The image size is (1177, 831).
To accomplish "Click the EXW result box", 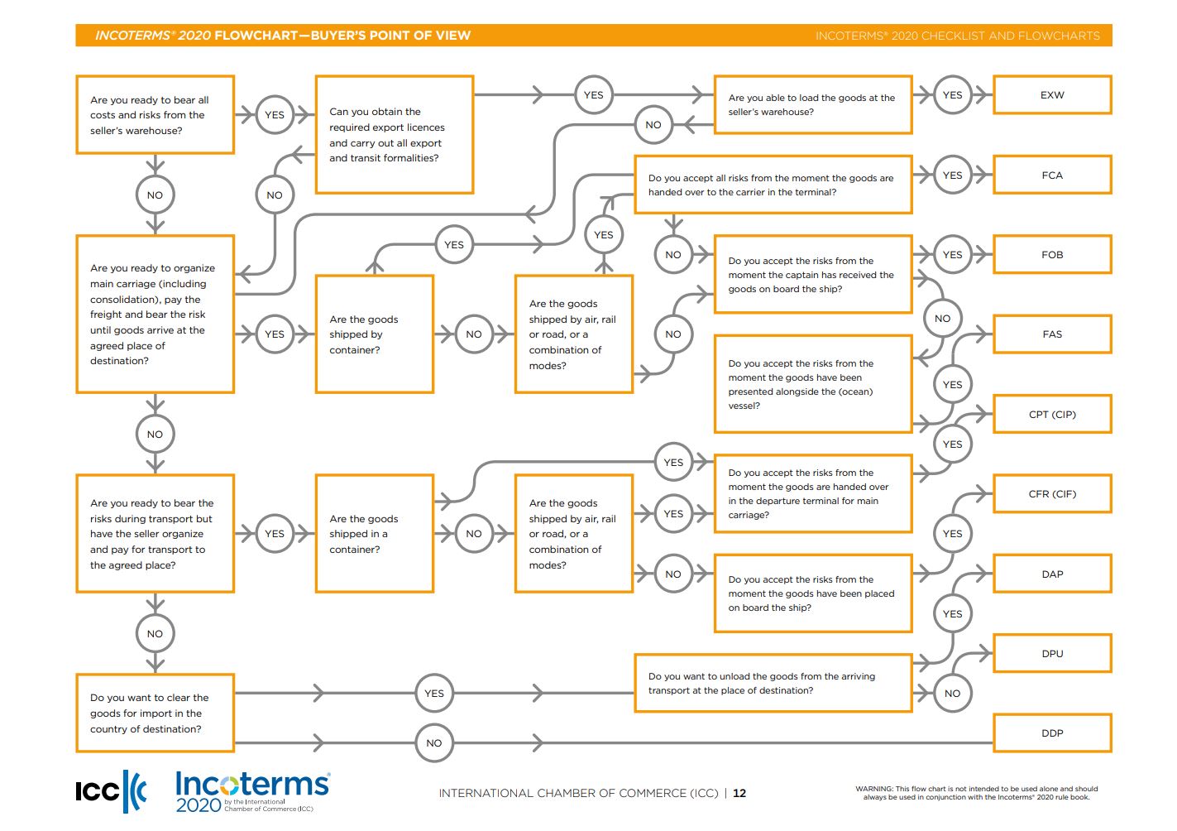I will [1051, 95].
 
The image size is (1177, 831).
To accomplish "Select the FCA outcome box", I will [1051, 175].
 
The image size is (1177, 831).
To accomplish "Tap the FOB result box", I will [1051, 255].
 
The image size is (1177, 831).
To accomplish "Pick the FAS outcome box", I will [1051, 334].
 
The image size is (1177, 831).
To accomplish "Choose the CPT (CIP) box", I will [1051, 414].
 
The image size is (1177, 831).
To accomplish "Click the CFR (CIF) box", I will [1051, 494].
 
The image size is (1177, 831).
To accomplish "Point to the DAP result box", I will [1051, 574].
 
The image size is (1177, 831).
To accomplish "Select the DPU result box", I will [1051, 654].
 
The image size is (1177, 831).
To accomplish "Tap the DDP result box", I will [1051, 733].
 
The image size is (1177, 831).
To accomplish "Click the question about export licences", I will [394, 135].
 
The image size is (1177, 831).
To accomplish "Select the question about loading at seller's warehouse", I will [812, 104].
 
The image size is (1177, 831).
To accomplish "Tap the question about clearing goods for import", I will [155, 713].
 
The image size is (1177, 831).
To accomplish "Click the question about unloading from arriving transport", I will [773, 683].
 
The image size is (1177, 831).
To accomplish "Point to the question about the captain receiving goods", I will [812, 275].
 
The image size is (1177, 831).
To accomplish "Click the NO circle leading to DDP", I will [433, 743].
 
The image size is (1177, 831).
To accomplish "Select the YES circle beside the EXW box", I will [952, 95].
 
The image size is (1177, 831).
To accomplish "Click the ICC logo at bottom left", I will [111, 791].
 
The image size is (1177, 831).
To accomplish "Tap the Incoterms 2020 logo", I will [252, 791].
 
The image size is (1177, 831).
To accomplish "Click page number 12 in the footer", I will [739, 793].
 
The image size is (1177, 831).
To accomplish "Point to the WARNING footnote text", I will [976, 793].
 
